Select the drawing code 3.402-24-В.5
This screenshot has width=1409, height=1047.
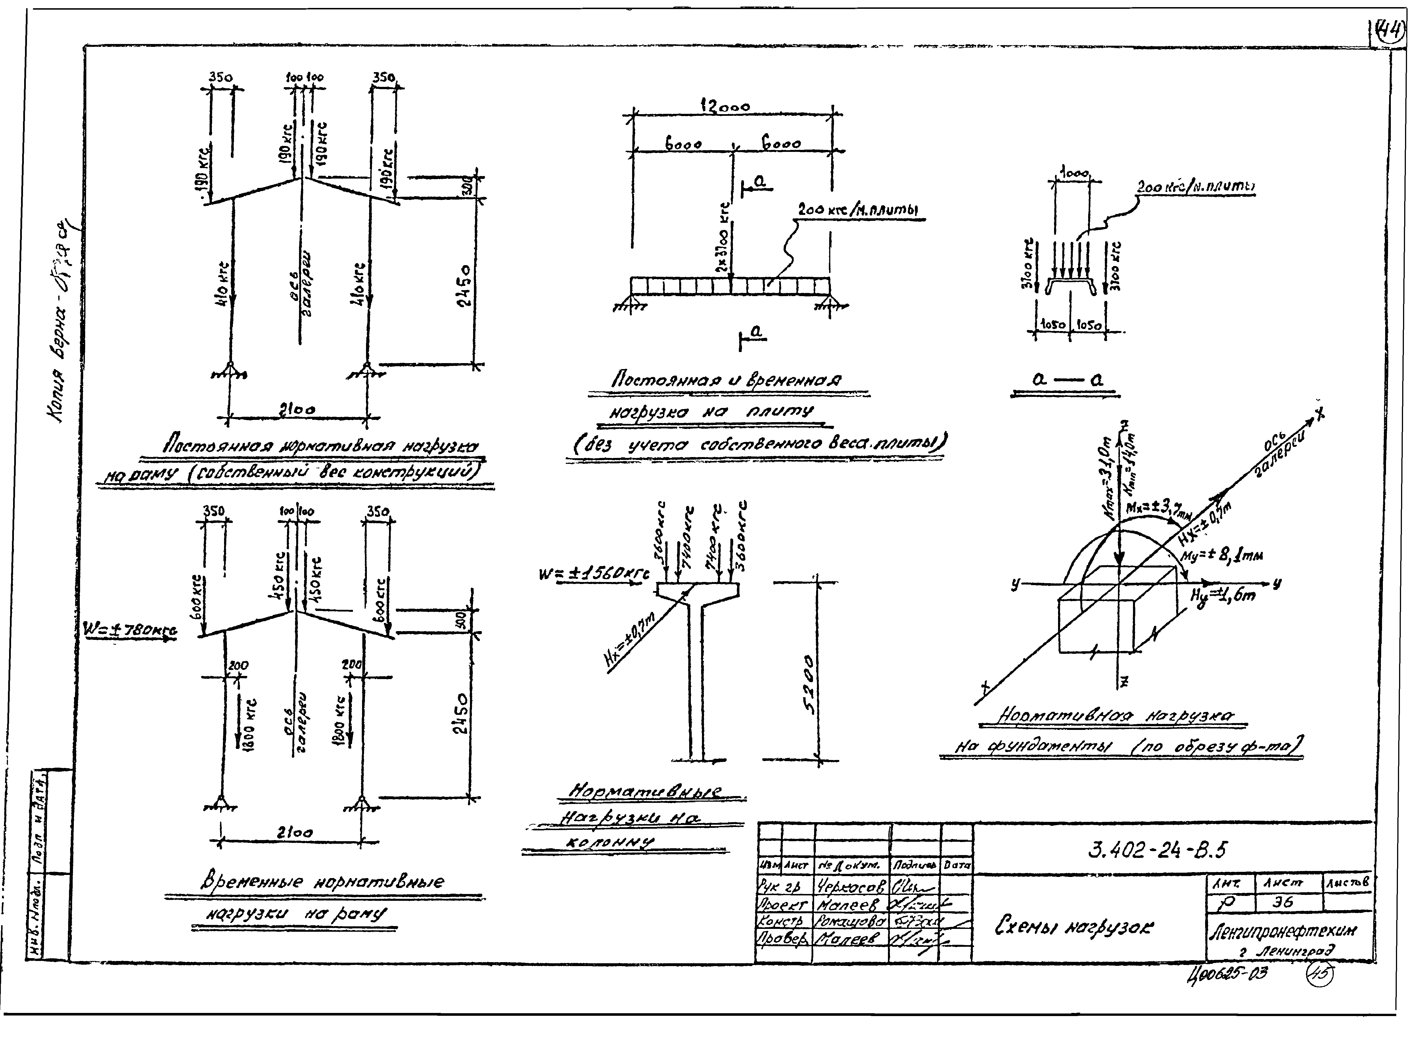pos(1157,849)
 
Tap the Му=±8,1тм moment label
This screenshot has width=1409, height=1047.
pos(1223,556)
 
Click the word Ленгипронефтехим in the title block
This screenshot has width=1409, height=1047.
pos(1283,930)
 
